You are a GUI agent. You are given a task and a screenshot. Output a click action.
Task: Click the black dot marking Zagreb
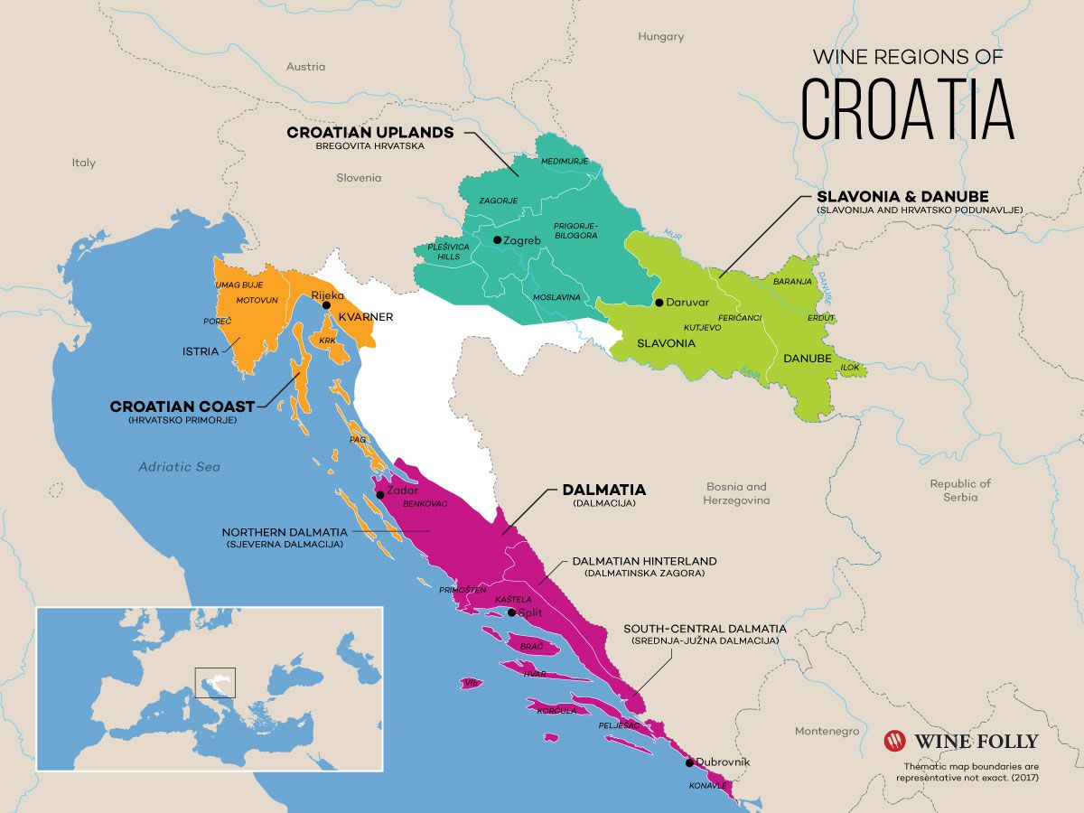click(x=497, y=240)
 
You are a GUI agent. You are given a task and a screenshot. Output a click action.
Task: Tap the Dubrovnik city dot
click(x=690, y=762)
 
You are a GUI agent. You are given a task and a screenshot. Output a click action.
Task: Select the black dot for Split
click(x=512, y=612)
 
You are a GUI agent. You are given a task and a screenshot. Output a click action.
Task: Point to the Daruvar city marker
click(x=659, y=303)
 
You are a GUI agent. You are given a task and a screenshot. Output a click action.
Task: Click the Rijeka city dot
click(x=326, y=305)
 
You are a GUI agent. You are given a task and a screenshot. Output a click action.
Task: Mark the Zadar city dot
click(x=380, y=494)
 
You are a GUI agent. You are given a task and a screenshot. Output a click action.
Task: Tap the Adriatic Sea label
click(x=179, y=467)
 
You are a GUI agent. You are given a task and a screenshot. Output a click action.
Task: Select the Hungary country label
click(x=660, y=37)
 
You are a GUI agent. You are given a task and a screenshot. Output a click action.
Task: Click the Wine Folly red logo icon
click(x=894, y=741)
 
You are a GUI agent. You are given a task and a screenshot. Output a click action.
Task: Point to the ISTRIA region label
click(x=201, y=350)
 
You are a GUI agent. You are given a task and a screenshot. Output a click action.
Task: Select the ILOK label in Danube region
click(x=850, y=368)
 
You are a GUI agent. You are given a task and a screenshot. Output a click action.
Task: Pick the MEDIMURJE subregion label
click(x=564, y=161)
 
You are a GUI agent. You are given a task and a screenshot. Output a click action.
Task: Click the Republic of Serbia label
click(x=960, y=490)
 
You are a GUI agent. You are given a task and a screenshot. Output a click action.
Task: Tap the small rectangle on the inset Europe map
click(x=215, y=682)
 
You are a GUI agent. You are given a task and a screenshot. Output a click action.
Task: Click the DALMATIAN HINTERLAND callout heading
click(x=644, y=561)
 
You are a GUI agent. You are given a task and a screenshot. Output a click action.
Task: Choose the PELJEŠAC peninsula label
click(x=619, y=725)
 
